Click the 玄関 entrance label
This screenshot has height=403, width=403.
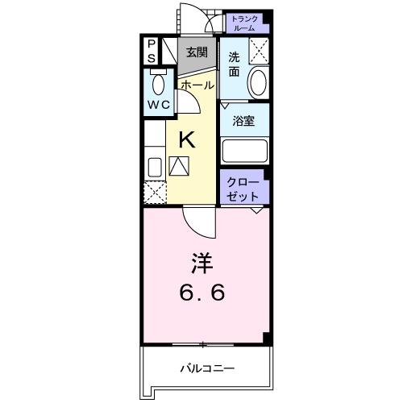click(196, 52)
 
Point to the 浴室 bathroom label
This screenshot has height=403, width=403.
click(243, 123)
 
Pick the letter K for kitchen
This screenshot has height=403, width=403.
click(186, 139)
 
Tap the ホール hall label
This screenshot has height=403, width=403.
click(197, 85)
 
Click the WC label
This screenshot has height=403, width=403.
click(157, 106)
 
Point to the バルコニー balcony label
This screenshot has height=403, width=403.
click(207, 368)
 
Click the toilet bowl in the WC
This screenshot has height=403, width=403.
click(158, 83)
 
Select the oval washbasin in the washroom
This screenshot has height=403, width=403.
click(258, 82)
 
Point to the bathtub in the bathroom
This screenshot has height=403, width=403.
click(245, 151)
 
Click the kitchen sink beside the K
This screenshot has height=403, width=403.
click(154, 166)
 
